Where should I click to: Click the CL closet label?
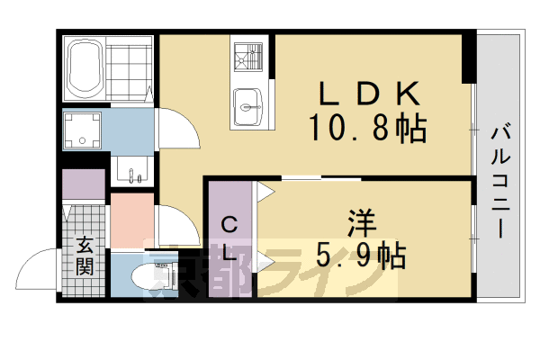[x=229, y=239]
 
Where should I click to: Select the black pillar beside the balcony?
[x=468, y=56]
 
